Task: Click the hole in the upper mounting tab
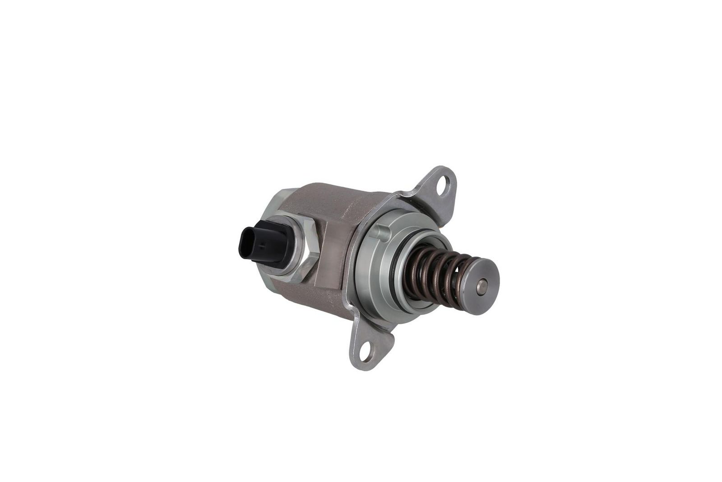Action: pos(444,184)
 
